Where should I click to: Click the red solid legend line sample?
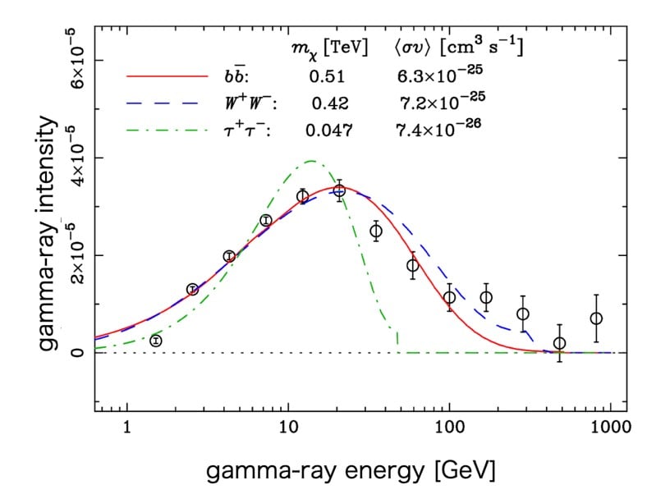tap(167, 77)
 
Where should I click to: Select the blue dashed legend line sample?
tap(167, 103)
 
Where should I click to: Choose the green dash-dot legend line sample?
tap(167, 128)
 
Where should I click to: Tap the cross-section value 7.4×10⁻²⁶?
tap(437, 127)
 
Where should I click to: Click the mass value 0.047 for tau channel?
tap(328, 128)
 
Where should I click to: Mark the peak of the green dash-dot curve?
tap(311, 161)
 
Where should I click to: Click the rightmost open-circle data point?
tap(597, 318)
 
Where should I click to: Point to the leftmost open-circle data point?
tap(156, 340)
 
